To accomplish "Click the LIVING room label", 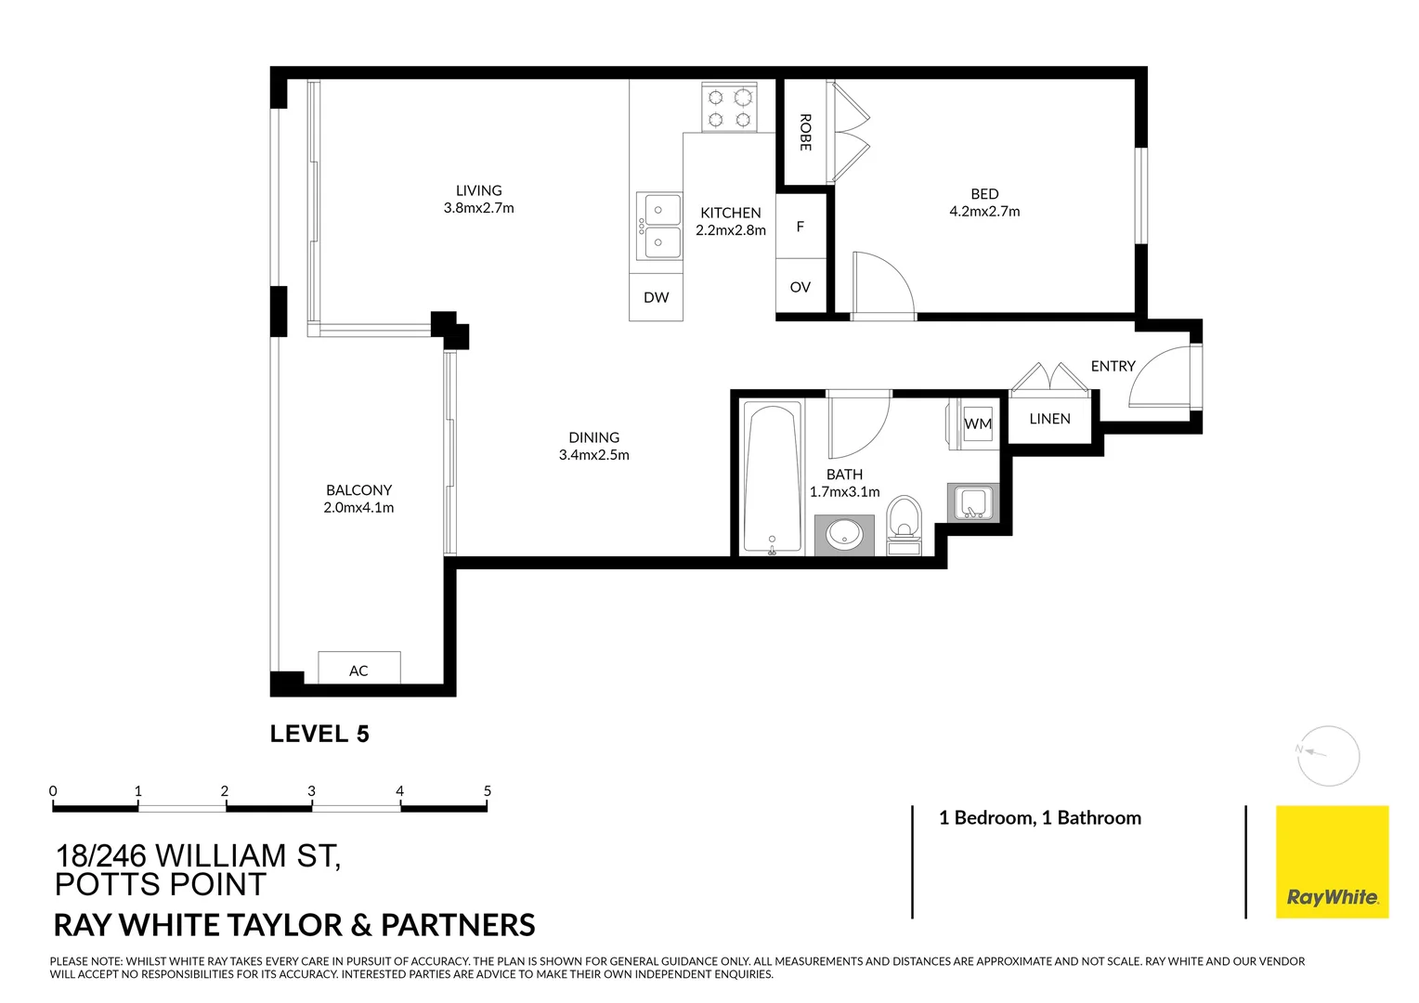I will tap(478, 190).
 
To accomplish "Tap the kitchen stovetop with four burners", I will tap(729, 108).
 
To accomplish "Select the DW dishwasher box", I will tap(656, 297).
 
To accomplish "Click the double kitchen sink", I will tap(658, 227).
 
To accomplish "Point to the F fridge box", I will tap(801, 227).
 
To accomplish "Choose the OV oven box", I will tap(801, 287).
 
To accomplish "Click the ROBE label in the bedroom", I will tap(805, 133).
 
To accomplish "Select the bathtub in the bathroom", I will tap(773, 478).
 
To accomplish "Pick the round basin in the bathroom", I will tap(844, 534).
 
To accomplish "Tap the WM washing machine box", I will tap(977, 424).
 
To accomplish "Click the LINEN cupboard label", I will tap(1049, 419).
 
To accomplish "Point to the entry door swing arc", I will tap(1160, 377).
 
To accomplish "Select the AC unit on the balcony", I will tap(359, 669).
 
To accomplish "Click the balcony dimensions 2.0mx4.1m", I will tap(358, 508).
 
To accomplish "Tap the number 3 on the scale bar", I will tap(311, 791).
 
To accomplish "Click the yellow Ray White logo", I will tap(1332, 862).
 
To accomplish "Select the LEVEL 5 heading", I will tap(319, 734).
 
